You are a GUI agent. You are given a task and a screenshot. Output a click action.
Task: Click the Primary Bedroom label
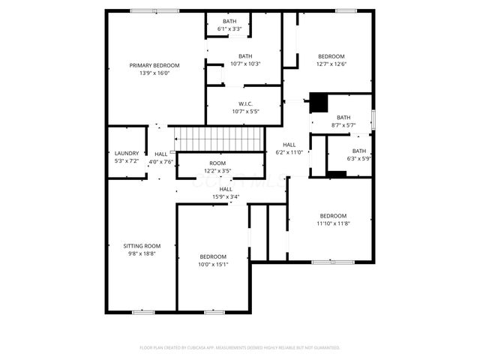click(154, 65)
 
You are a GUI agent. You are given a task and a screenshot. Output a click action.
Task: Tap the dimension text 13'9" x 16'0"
click(154, 73)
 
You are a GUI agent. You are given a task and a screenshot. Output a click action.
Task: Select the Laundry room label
click(126, 154)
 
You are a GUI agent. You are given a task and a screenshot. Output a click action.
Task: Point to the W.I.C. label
click(245, 103)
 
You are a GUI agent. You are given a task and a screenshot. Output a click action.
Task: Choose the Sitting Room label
click(142, 246)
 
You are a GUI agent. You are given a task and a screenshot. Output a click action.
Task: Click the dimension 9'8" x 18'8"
click(142, 253)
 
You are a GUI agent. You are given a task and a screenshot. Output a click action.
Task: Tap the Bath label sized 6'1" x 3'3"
click(229, 21)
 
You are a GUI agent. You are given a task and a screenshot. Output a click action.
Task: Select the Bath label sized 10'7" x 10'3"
click(245, 56)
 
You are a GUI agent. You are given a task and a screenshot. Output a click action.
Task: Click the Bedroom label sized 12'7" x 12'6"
click(331, 57)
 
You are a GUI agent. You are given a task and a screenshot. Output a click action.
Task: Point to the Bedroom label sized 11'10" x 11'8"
click(332, 215)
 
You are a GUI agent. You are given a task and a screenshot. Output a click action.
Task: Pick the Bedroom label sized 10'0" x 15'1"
click(212, 256)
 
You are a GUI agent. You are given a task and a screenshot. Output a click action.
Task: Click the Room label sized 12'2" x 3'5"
click(217, 163)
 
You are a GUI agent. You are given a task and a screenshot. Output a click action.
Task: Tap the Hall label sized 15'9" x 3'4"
click(215, 189)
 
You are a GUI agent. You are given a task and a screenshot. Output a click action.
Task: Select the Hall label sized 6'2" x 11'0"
click(289, 145)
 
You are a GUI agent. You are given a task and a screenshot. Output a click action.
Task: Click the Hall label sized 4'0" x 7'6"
click(161, 154)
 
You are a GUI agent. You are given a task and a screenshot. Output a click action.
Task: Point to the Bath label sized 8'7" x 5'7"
click(343, 117)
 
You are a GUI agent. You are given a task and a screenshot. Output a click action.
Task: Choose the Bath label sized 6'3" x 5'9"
click(359, 151)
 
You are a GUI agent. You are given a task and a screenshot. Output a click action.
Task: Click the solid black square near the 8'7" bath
click(319, 101)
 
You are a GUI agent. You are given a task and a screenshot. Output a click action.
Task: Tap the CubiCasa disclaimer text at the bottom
click(240, 347)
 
